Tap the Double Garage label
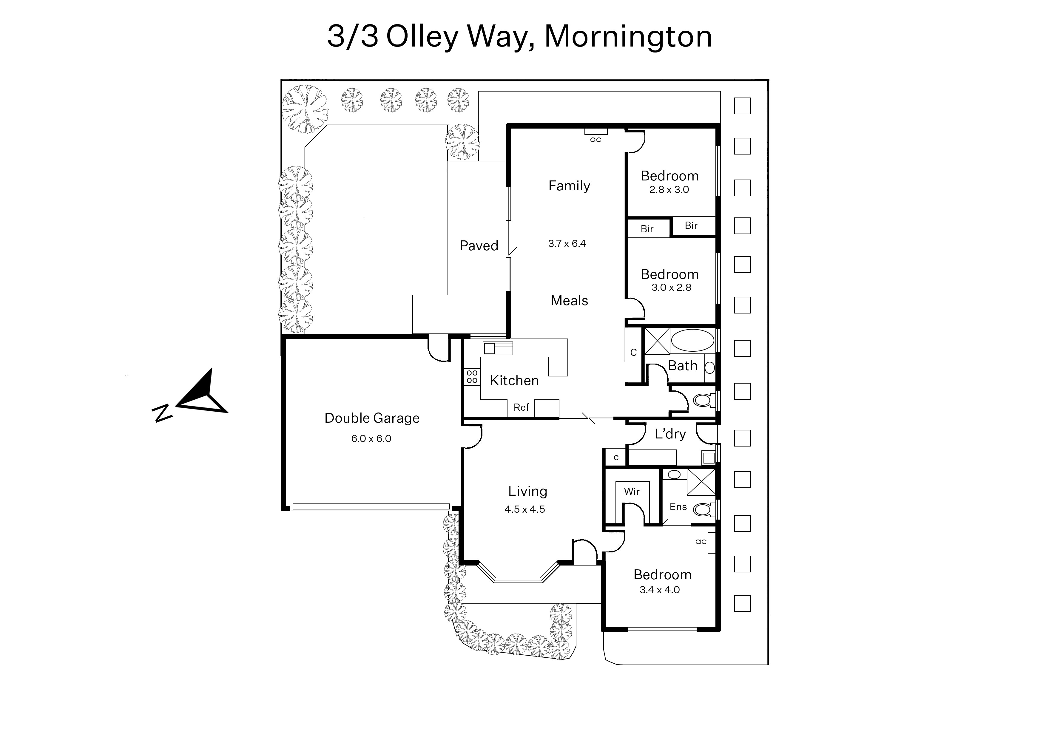[x=372, y=418]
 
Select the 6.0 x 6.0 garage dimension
[x=371, y=438]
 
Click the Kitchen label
[x=514, y=381]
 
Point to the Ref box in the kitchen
[x=521, y=407]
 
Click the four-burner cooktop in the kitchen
[x=472, y=377]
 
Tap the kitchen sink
[x=498, y=348]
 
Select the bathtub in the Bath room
[x=692, y=340]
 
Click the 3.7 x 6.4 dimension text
[x=567, y=243]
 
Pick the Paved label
[x=479, y=245]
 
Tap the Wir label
[x=632, y=491]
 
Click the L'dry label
[x=670, y=434]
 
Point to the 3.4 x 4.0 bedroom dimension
[x=660, y=590]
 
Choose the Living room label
[x=527, y=491]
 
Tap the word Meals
[x=569, y=301]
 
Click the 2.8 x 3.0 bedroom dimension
[x=669, y=190]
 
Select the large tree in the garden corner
[x=304, y=109]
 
